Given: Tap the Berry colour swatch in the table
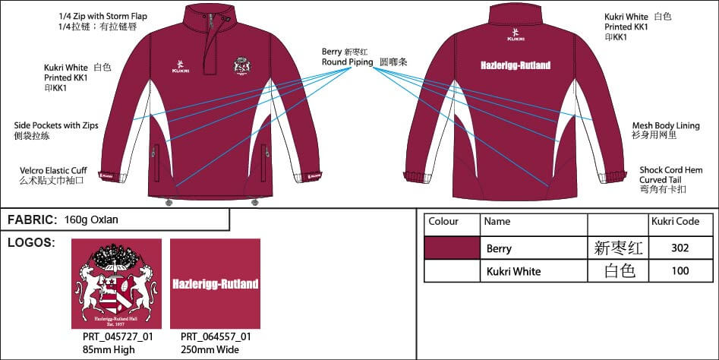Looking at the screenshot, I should click(x=452, y=248).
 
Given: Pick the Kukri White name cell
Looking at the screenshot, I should click(x=512, y=271).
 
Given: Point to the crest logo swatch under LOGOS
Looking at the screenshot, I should click(x=116, y=284).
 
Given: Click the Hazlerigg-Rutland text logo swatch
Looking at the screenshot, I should click(x=215, y=284).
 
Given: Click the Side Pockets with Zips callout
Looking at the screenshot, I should click(x=56, y=125).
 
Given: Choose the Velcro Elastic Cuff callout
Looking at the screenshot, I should click(x=56, y=170).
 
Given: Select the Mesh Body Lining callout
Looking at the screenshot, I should click(x=666, y=125).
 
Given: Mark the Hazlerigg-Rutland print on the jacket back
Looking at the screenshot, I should click(x=520, y=66).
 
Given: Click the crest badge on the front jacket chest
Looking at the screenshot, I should click(x=242, y=65).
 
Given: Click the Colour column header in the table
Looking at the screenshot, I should click(x=444, y=222).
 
